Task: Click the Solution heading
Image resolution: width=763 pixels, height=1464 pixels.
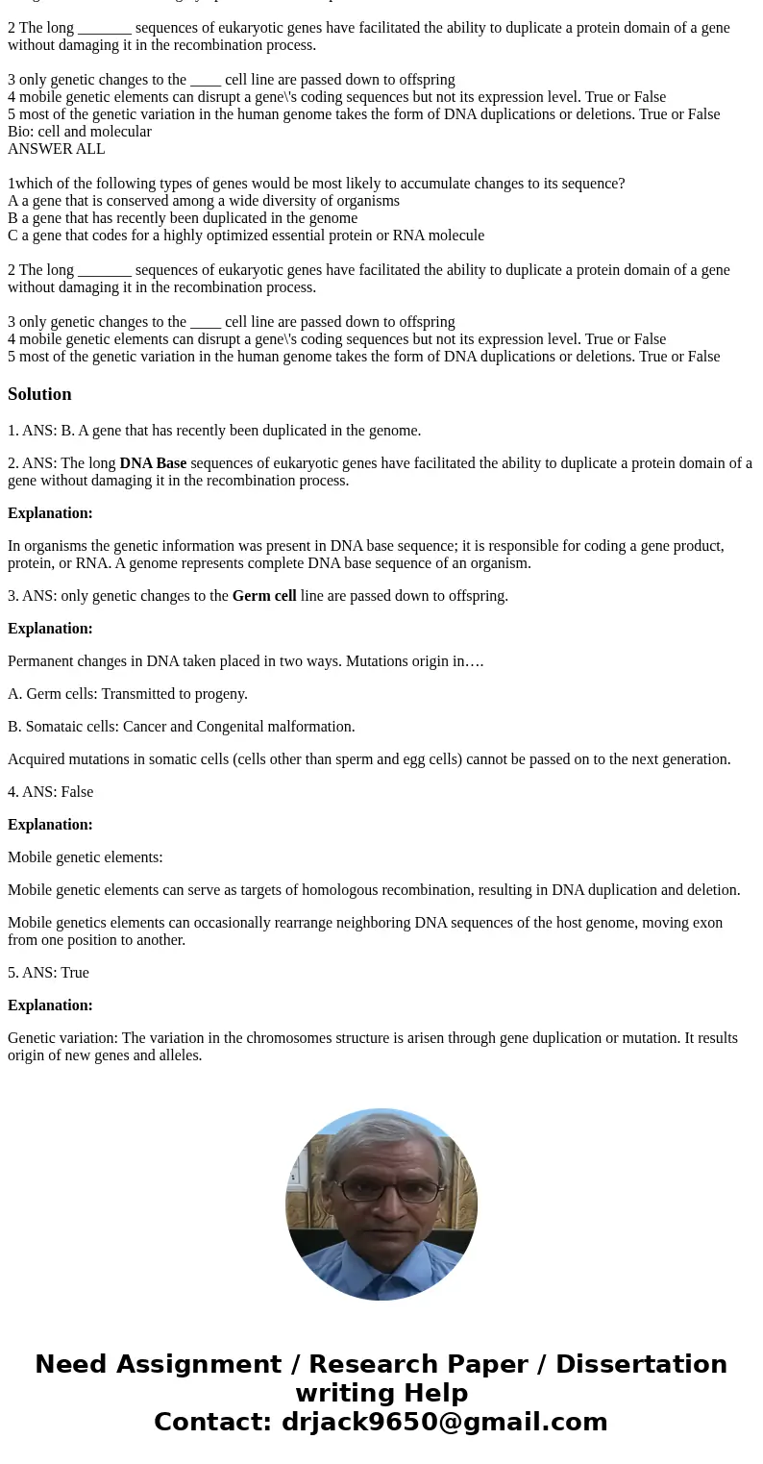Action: point(39,394)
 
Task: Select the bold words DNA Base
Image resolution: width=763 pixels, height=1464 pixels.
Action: point(153,463)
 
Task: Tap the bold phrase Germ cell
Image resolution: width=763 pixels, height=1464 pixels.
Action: point(264,596)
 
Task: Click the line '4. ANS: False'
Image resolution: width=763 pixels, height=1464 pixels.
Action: point(50,792)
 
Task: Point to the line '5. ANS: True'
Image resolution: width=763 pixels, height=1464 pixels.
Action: point(48,973)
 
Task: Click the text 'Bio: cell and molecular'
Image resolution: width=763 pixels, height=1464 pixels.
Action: point(80,132)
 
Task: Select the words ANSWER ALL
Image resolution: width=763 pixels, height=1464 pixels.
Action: point(57,149)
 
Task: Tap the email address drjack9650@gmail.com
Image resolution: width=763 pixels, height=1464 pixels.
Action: point(444,1422)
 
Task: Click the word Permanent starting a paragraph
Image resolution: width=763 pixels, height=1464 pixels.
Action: point(40,661)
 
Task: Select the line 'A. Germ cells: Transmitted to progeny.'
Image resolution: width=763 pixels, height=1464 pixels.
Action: point(128,694)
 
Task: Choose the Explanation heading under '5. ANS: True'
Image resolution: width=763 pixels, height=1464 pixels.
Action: point(50,1005)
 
